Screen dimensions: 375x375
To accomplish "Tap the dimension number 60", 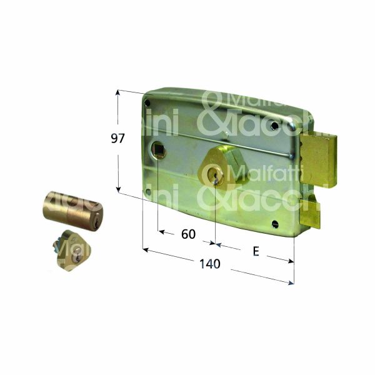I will [x=187, y=234].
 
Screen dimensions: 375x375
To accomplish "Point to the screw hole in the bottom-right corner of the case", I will [x=275, y=222].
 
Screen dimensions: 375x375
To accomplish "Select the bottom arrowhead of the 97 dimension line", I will [x=117, y=190].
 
